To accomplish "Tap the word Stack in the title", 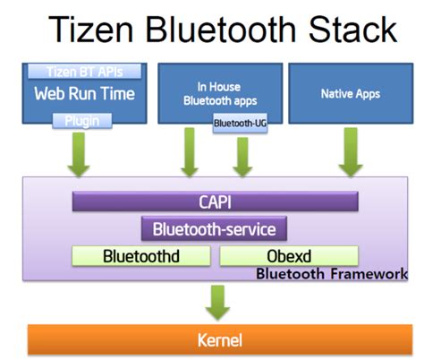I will (x=344, y=31).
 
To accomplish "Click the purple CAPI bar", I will (x=215, y=203).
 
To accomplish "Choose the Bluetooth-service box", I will (x=215, y=229).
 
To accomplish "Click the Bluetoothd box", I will (x=140, y=256).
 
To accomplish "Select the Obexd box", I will (x=288, y=256).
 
